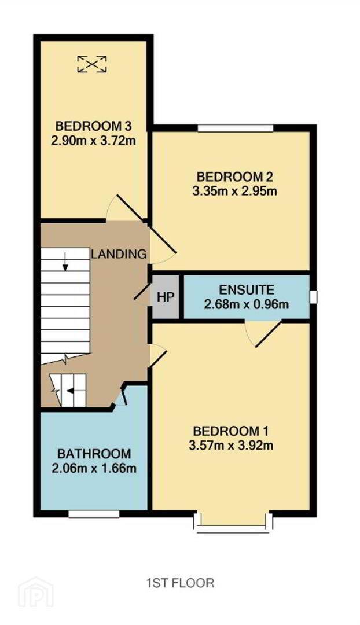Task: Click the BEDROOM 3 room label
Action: coord(94,127)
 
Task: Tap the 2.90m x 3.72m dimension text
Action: coord(94,141)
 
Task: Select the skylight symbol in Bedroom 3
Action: coord(92,64)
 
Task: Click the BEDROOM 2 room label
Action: coord(235,177)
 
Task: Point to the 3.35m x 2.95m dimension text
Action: coord(235,191)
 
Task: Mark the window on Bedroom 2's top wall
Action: coord(235,128)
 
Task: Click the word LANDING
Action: coord(119,254)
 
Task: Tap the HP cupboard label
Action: coord(166,297)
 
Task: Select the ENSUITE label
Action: coord(247,289)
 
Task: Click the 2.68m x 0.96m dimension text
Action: coord(247,304)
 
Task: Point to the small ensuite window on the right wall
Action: coord(313,297)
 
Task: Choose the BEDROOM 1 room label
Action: coord(232,431)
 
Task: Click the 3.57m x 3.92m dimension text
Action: coord(232,445)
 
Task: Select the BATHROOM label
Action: coord(94,454)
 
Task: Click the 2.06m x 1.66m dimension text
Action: coord(94,468)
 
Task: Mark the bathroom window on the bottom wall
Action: coord(94,514)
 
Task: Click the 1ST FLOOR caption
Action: coord(180,583)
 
